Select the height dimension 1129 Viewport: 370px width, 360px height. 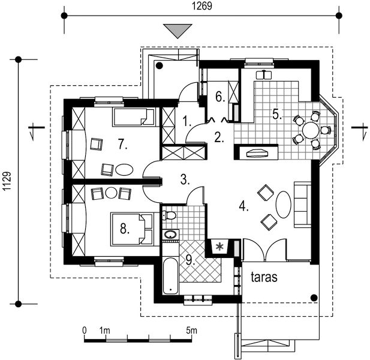(7, 179)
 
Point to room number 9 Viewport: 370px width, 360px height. (190, 260)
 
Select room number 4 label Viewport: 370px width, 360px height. (243, 206)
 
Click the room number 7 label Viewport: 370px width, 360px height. (122, 143)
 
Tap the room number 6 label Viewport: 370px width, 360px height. (219, 96)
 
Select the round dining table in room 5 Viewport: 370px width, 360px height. (311, 130)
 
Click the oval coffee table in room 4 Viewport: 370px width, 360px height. (283, 205)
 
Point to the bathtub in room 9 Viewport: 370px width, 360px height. (170, 275)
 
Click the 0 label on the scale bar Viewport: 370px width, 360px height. (85, 331)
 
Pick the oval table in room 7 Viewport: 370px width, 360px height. (124, 169)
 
